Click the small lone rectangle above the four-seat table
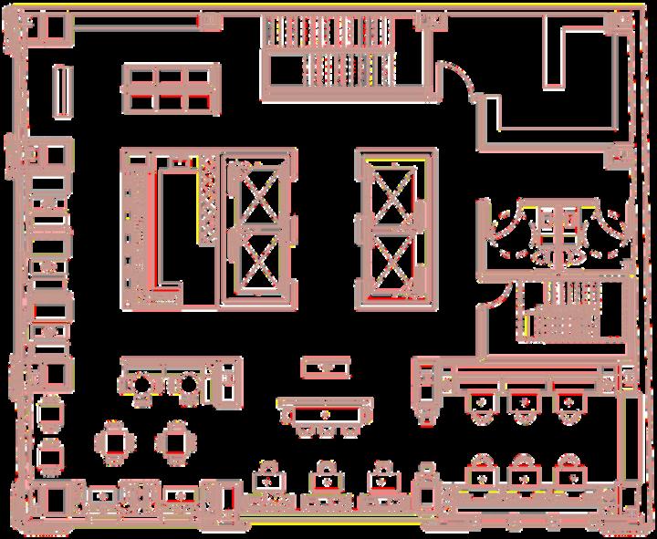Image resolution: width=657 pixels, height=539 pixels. tap(325, 368)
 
